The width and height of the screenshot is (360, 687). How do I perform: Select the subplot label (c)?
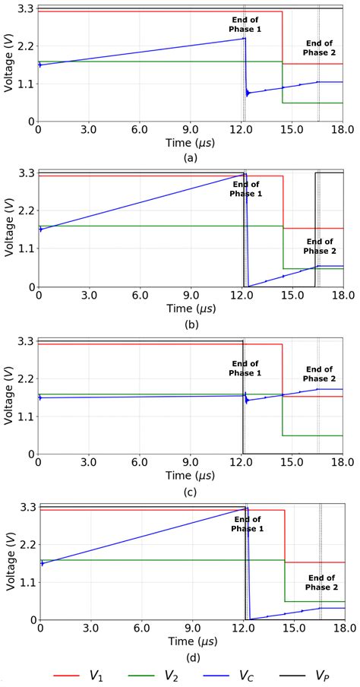click(191, 490)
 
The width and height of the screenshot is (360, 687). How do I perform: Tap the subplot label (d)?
click(191, 657)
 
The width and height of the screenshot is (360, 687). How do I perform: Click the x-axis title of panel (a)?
click(191, 143)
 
